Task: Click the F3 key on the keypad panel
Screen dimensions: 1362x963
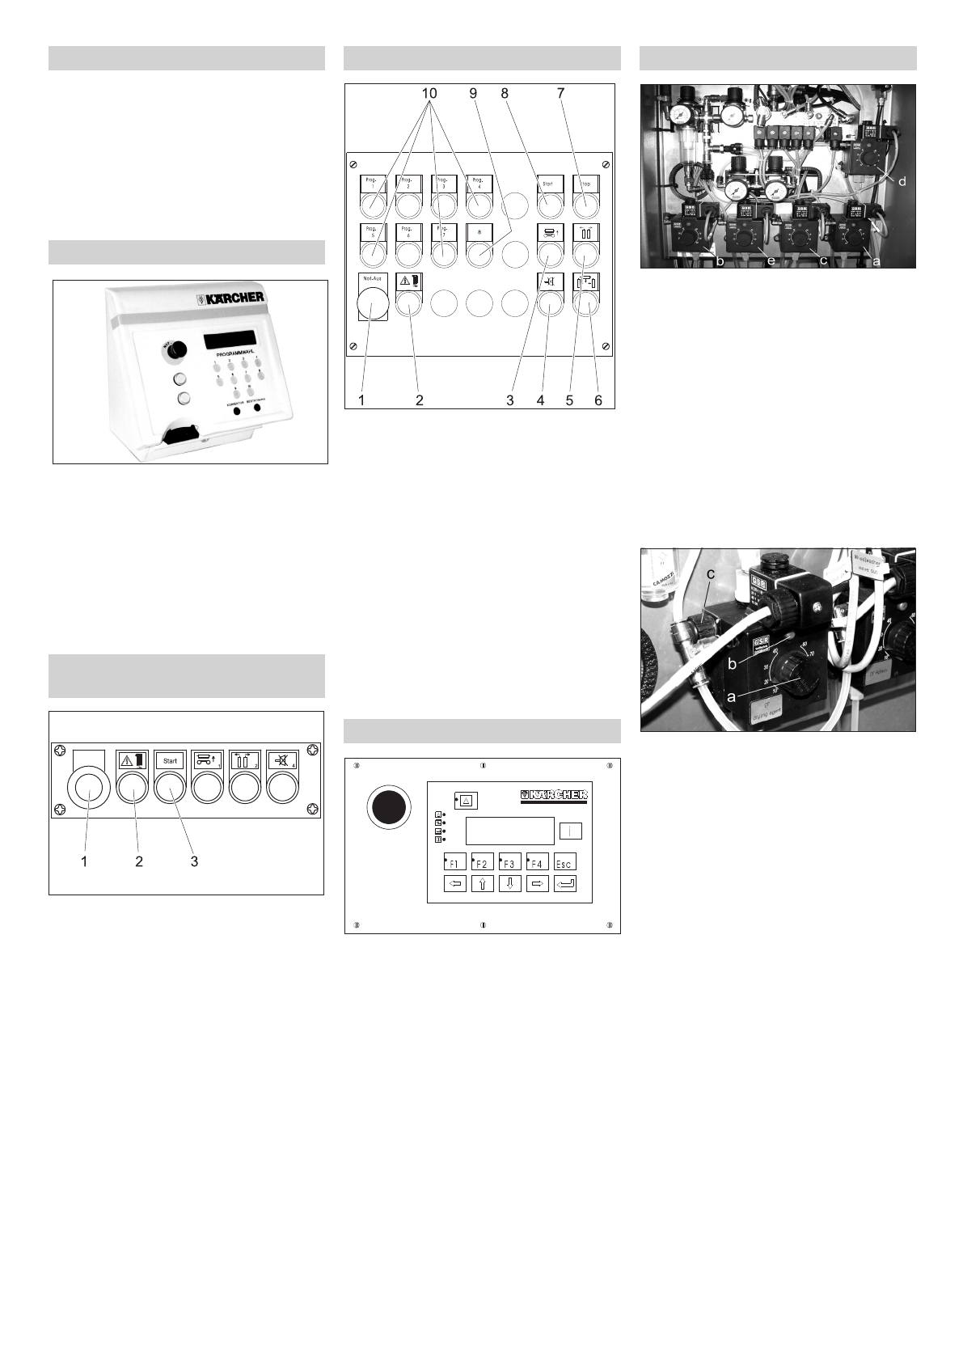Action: tap(509, 863)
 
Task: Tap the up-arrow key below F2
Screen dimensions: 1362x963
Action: tap(483, 884)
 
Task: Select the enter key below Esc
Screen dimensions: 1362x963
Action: tap(565, 884)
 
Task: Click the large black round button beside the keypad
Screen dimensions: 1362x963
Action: tap(388, 807)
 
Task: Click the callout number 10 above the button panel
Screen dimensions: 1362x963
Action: tap(429, 94)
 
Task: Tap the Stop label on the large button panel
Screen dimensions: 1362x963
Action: tap(586, 184)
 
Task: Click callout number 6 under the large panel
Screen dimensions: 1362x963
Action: tap(598, 400)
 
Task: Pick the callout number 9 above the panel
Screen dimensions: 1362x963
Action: tap(474, 94)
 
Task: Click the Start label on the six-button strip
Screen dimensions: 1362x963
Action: tap(170, 761)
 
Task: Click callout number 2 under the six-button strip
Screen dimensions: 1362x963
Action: tap(139, 862)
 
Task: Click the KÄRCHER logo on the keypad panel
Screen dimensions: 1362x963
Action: tap(553, 796)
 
